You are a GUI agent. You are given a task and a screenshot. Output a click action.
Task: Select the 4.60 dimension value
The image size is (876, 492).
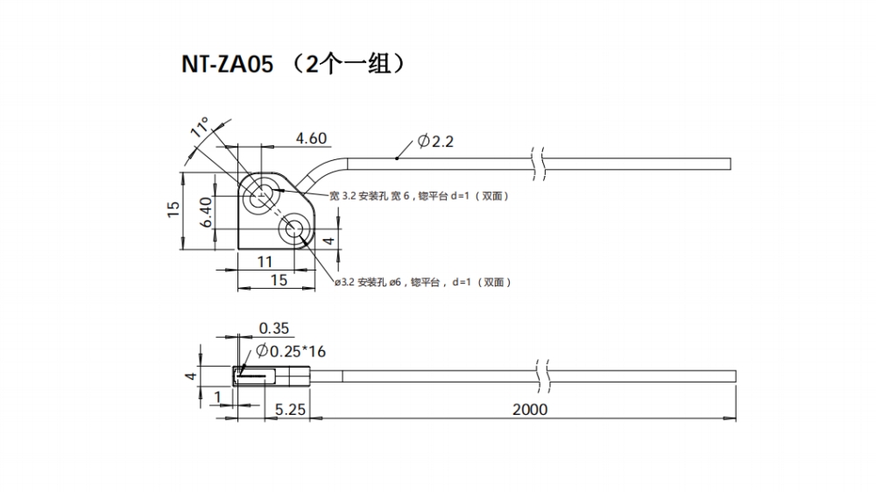(x=311, y=138)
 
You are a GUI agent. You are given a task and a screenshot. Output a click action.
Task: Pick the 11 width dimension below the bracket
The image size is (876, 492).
(x=265, y=262)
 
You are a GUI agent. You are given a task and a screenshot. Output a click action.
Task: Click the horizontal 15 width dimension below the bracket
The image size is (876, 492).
(x=279, y=280)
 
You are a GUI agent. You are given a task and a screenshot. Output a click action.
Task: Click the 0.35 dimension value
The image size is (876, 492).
(x=274, y=329)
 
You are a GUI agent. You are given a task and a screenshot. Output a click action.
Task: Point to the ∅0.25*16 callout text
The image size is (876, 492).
(x=290, y=351)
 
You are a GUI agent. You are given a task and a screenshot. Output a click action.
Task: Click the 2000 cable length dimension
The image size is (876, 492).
(x=529, y=410)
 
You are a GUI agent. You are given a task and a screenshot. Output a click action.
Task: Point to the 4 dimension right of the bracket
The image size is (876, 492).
(x=328, y=240)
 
